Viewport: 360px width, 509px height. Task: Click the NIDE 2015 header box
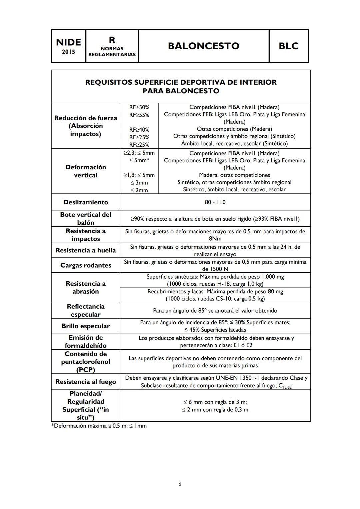pos(68,46)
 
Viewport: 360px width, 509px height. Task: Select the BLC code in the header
pos(288,46)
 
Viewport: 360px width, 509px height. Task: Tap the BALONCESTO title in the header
pos(203,46)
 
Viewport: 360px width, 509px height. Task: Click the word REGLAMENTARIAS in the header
pos(112,54)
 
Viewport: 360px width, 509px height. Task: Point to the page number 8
pos(180,484)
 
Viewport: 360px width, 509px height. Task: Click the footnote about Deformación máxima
pos(99,426)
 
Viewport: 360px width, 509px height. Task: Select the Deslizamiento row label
pos(86,202)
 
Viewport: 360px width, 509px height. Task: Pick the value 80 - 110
pos(215,202)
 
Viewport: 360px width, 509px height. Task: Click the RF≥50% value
pos(139,107)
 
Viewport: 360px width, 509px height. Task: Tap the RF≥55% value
pos(139,115)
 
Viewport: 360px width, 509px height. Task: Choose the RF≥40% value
pos(139,130)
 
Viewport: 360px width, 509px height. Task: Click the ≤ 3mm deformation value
pos(139,183)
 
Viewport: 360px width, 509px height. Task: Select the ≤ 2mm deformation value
pos(139,190)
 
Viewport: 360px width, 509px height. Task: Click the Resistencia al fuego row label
pos(86,382)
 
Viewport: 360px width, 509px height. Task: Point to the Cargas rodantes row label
pos(86,265)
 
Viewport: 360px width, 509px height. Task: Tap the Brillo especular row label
pos(86,326)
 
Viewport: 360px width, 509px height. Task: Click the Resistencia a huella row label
pos(86,250)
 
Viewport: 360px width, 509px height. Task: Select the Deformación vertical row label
pos(86,171)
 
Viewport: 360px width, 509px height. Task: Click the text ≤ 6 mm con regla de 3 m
pos(215,402)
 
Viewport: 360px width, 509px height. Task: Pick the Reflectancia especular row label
pos(86,310)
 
